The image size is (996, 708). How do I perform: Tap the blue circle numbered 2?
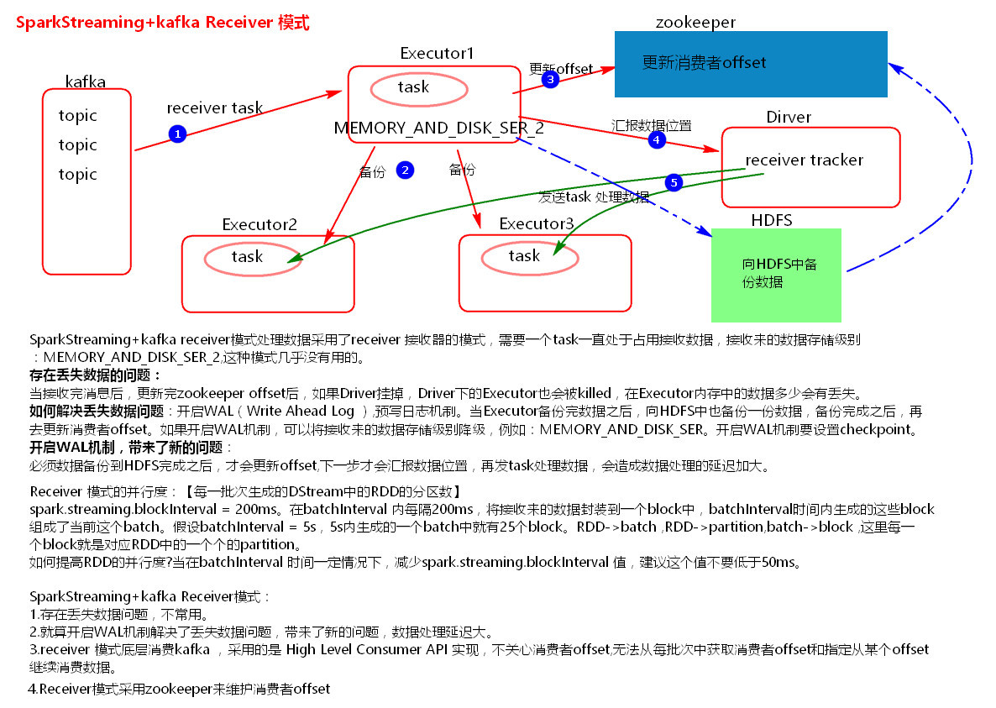405,170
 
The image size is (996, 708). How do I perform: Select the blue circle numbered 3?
550,80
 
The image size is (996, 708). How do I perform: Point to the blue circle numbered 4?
657,140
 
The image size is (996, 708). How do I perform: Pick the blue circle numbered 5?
673,182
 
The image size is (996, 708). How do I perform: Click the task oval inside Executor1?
420,87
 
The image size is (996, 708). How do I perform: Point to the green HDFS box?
775,275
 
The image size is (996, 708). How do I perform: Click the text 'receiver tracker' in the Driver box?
804,160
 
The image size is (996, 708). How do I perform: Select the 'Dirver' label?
789,117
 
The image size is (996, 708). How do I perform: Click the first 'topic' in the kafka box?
78,116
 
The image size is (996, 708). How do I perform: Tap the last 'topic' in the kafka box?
78,175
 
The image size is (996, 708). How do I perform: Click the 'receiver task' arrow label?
214,108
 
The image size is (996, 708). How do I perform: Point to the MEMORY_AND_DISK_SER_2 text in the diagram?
438,128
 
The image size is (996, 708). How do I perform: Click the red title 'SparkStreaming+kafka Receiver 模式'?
162,23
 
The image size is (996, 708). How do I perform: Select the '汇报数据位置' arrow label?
651,125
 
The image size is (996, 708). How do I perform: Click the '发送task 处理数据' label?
593,197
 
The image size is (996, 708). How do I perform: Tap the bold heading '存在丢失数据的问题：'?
96,375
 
